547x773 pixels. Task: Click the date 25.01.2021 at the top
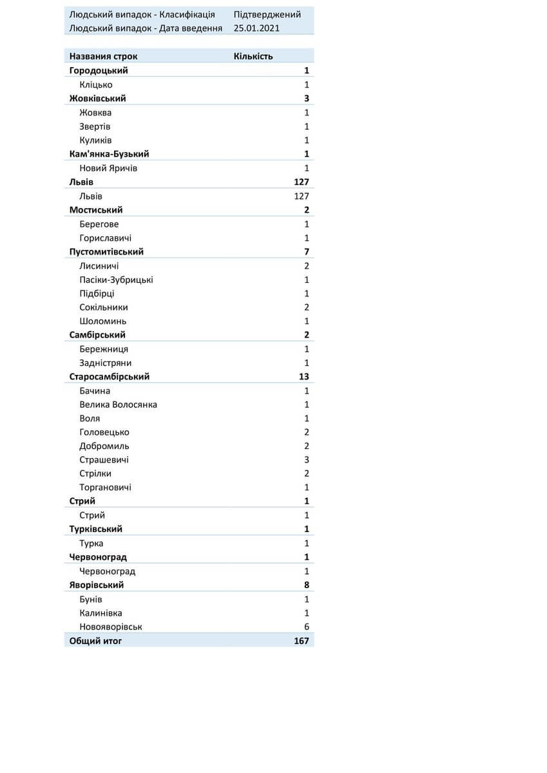(x=256, y=28)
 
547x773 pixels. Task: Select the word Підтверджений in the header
(x=267, y=15)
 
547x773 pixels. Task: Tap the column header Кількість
(x=253, y=56)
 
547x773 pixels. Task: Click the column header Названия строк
(x=103, y=56)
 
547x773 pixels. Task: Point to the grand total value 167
(x=301, y=641)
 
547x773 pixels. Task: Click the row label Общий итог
(x=95, y=641)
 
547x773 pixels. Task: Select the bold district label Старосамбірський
(x=109, y=377)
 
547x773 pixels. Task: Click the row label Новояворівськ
(x=111, y=627)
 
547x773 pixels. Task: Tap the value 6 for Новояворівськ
(x=307, y=627)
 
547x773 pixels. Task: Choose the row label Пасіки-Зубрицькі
(x=116, y=280)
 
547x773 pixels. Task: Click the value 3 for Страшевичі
(x=307, y=460)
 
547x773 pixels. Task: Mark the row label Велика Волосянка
(x=118, y=405)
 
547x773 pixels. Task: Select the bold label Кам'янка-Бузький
(x=109, y=154)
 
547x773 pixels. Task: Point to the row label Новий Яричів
(x=108, y=168)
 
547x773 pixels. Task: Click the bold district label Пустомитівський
(x=106, y=252)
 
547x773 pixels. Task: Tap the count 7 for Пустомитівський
(x=307, y=252)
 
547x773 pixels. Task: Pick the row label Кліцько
(x=96, y=84)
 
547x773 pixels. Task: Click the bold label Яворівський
(x=97, y=585)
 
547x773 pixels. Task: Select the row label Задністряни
(x=105, y=363)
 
